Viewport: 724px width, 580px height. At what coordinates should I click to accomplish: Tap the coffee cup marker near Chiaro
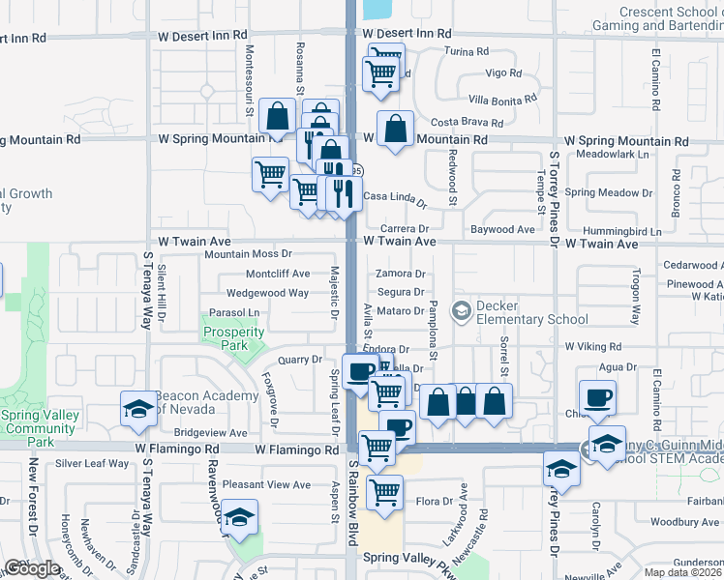pyautogui.click(x=597, y=396)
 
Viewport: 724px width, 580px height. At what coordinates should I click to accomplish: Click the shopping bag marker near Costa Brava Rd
pyautogui.click(x=396, y=130)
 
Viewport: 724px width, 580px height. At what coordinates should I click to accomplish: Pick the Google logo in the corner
pyautogui.click(x=32, y=568)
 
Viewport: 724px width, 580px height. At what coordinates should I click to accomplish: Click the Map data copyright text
pyautogui.click(x=681, y=572)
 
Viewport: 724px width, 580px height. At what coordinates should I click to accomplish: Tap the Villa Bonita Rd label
pyautogui.click(x=502, y=99)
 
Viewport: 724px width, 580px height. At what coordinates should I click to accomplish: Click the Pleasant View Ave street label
pyautogui.click(x=266, y=484)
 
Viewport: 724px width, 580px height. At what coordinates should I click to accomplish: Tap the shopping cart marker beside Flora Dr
pyautogui.click(x=385, y=493)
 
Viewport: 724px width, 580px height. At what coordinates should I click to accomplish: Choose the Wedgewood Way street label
pyautogui.click(x=267, y=293)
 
